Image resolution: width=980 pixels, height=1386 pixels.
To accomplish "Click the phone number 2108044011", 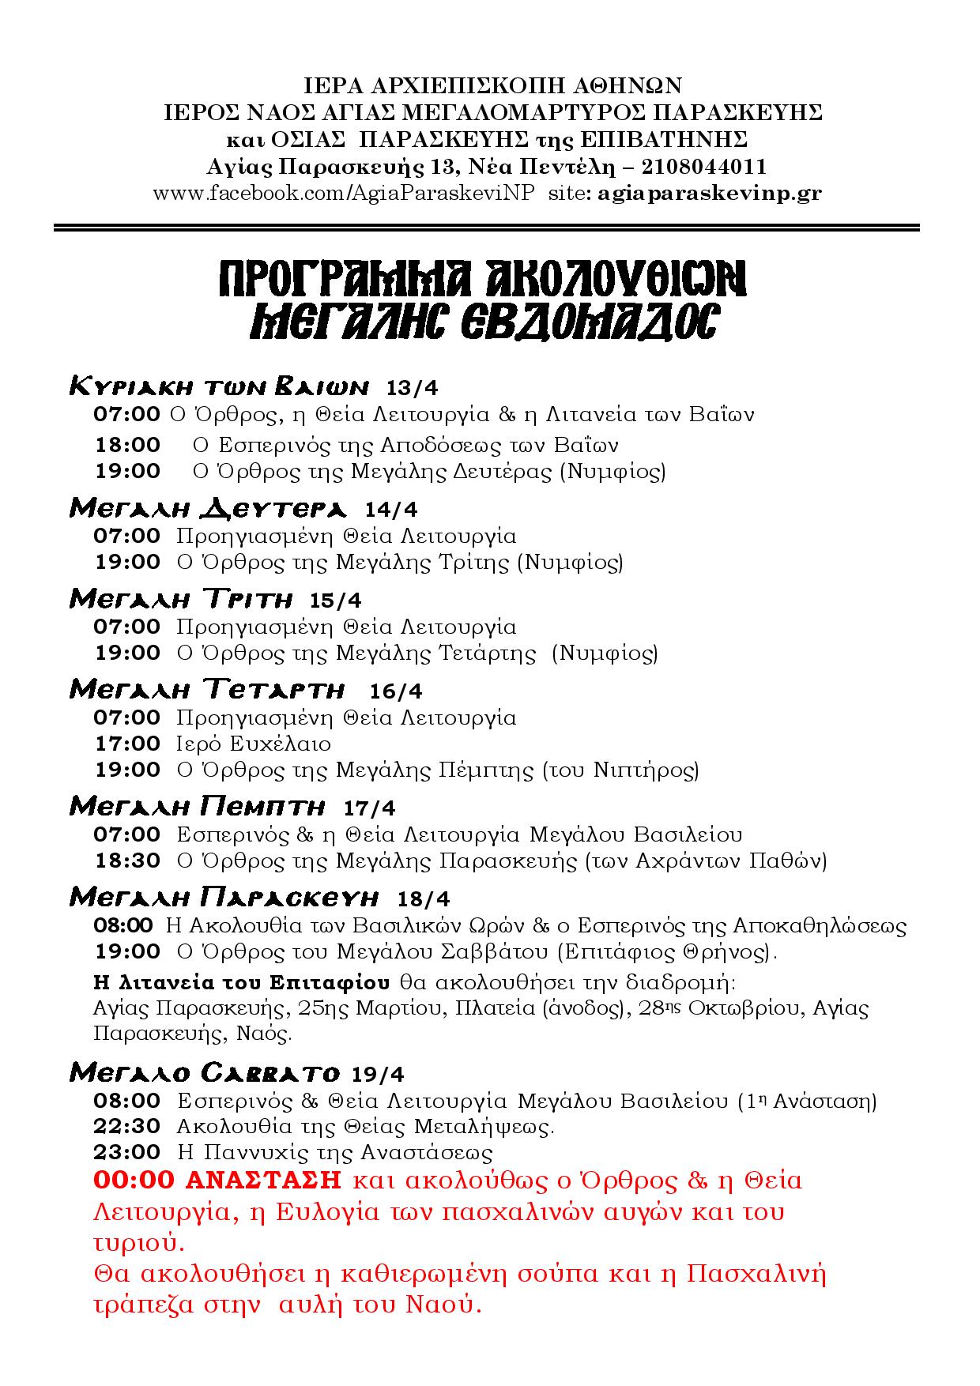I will tap(704, 167).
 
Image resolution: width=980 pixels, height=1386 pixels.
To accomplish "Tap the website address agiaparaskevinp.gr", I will tap(710, 194).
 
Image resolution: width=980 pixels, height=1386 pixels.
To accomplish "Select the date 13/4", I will tap(412, 387).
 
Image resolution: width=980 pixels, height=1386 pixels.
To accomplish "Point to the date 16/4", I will tap(396, 691).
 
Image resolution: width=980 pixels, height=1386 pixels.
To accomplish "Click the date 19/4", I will tap(378, 1074).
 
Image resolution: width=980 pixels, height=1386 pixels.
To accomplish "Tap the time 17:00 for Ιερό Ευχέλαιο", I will tap(127, 744).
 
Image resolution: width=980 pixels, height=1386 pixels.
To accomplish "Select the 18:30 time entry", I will tap(127, 860).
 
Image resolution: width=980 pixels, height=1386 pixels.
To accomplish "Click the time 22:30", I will tap(126, 1126).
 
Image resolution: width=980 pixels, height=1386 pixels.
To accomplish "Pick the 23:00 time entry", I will tap(126, 1152).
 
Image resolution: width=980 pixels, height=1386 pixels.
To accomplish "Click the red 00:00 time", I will tap(134, 1181).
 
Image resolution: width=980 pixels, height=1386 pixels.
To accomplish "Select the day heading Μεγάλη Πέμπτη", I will tap(198, 807).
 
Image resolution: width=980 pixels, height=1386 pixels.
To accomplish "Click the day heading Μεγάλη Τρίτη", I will tap(181, 600).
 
